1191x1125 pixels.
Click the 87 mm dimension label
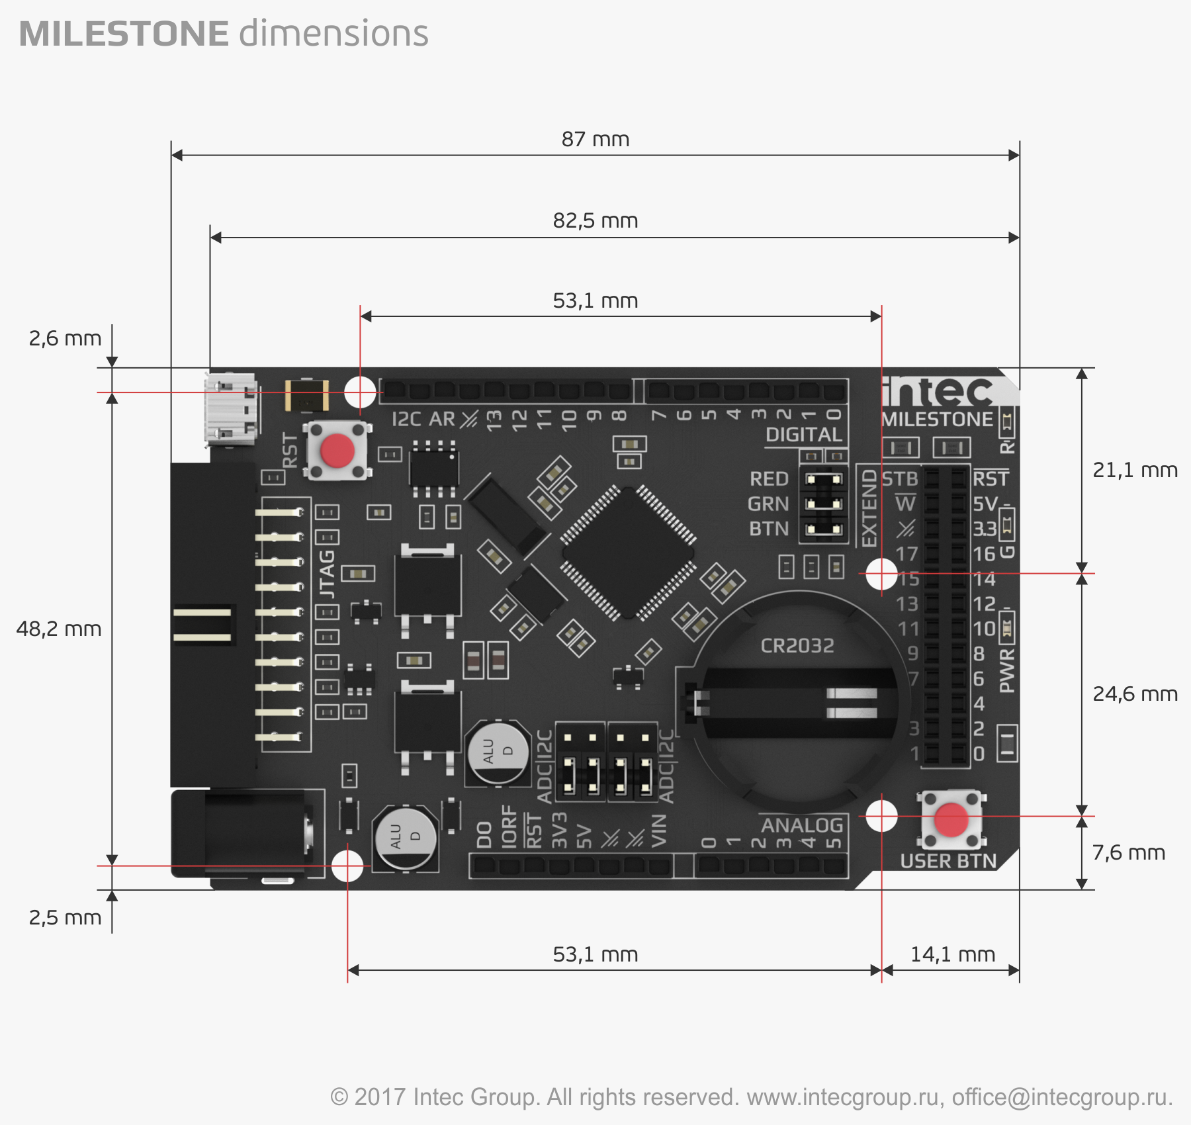595,140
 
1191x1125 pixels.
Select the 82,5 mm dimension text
595,221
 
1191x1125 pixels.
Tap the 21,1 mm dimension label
1135,471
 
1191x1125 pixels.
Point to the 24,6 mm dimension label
1135,694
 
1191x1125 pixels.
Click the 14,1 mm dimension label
952,955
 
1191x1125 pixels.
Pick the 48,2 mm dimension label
58,629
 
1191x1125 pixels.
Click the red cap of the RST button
337,451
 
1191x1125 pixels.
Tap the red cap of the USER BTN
951,820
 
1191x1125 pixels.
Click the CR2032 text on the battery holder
797,646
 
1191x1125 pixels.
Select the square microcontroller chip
628,553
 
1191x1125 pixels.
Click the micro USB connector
230,408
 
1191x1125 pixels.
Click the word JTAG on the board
328,573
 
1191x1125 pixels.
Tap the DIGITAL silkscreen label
803,435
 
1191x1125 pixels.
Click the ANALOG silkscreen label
802,825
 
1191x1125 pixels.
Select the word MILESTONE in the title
124,34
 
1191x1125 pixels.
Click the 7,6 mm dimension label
1128,853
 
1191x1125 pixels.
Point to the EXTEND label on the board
869,508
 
